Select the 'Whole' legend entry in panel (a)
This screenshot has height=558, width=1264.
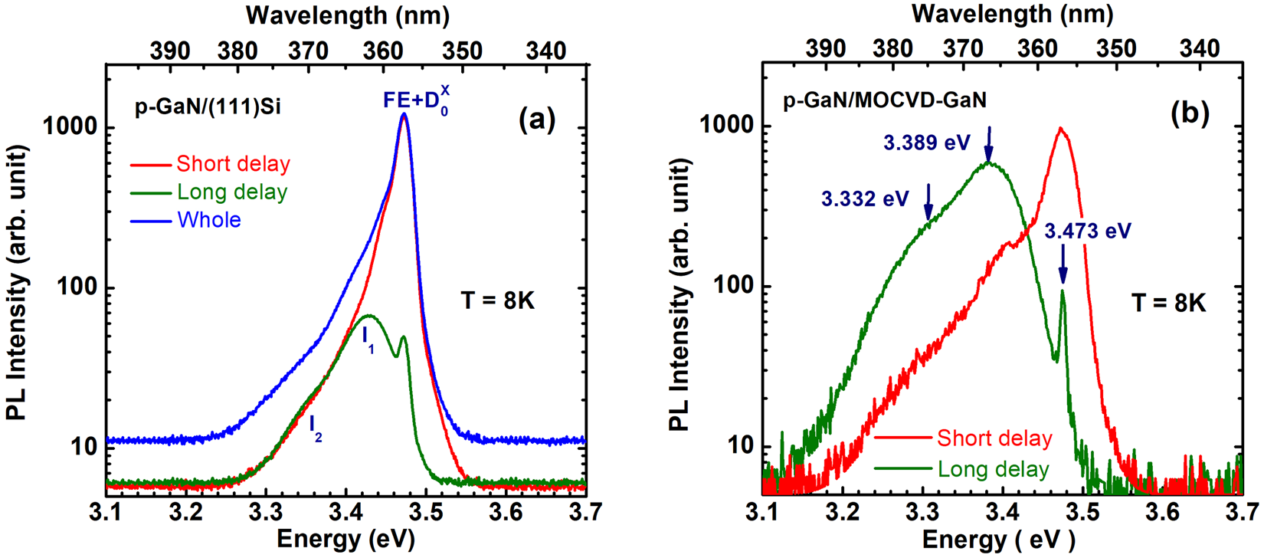pyautogui.click(x=208, y=220)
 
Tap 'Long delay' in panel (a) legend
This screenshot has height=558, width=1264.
pyautogui.click(x=231, y=192)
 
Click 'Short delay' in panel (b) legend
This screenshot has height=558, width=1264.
pyautogui.click(x=994, y=438)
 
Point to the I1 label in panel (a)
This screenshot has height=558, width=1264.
pyautogui.click(x=368, y=338)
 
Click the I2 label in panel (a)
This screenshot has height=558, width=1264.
pyautogui.click(x=316, y=428)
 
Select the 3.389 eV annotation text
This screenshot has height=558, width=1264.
pyautogui.click(x=926, y=143)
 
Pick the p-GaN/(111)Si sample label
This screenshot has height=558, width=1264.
pyautogui.click(x=208, y=107)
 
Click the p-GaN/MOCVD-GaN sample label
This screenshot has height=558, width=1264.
pyautogui.click(x=884, y=100)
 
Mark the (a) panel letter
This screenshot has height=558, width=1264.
pyautogui.click(x=536, y=119)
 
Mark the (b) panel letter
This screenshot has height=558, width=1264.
pyautogui.click(x=1190, y=113)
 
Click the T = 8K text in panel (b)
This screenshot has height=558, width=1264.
pyautogui.click(x=1168, y=304)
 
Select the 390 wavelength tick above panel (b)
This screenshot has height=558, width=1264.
pyautogui.click(x=826, y=49)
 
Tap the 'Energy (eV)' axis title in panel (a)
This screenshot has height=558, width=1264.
pyautogui.click(x=345, y=539)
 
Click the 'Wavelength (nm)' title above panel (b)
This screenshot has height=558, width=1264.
pyautogui.click(x=1012, y=14)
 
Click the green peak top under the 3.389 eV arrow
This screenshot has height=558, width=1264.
pyautogui.click(x=988, y=162)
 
